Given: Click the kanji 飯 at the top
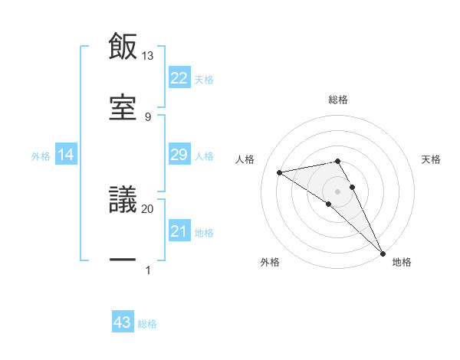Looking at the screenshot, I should [123, 47].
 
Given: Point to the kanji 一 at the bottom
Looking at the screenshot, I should [123, 260].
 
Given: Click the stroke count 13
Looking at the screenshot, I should [148, 56].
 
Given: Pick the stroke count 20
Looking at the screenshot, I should [148, 208].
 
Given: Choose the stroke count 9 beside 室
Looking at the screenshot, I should [148, 117].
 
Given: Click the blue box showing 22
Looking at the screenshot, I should [179, 78].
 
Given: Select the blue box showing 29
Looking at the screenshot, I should [179, 155].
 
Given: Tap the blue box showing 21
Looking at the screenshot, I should [179, 231].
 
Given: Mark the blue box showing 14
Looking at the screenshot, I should [66, 155].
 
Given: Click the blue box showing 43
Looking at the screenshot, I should [123, 323].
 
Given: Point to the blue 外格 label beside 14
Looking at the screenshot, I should [41, 156].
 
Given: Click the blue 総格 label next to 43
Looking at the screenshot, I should [147, 324].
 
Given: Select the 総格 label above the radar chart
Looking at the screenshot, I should [338, 100].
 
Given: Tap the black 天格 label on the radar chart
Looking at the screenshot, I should [432, 159].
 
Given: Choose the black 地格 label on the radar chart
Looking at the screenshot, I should [402, 262].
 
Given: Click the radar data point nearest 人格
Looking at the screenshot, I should [280, 172].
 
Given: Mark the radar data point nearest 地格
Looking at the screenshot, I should [383, 253].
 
